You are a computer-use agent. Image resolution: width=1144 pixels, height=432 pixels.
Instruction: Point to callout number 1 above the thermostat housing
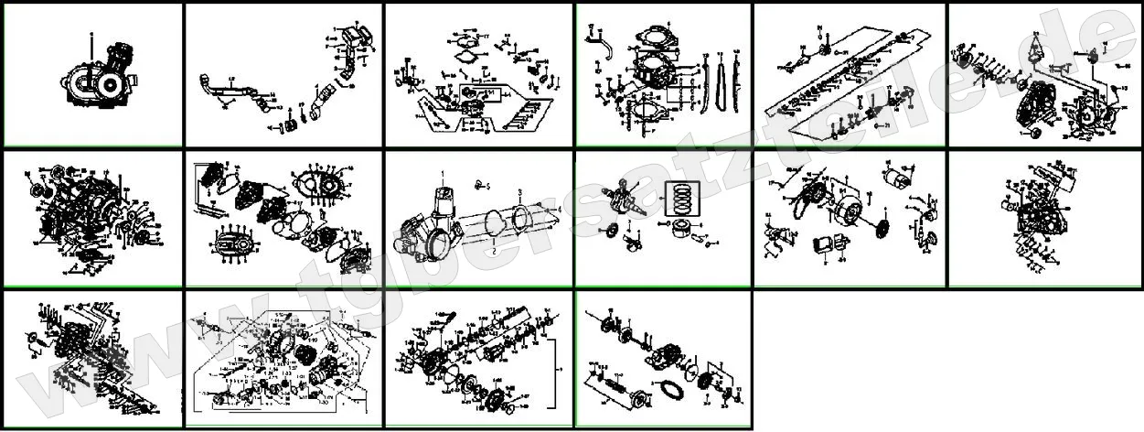click(x=442, y=173)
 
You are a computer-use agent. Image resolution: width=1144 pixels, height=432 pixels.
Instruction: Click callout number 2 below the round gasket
click(x=493, y=250)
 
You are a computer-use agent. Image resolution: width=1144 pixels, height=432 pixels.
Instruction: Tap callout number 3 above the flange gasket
click(x=519, y=193)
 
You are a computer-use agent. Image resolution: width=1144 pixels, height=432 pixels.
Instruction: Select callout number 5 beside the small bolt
click(x=488, y=186)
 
